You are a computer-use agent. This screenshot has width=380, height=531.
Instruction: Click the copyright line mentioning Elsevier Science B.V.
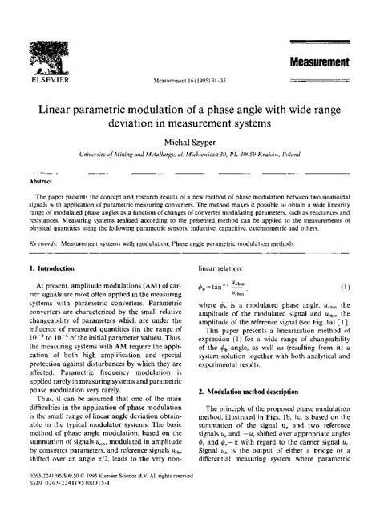coord(110,504)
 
